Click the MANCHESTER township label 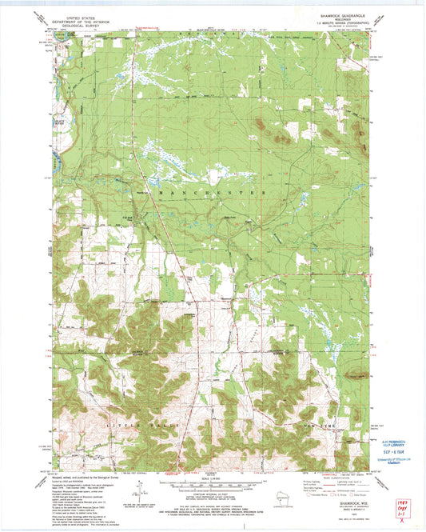point(210,194)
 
